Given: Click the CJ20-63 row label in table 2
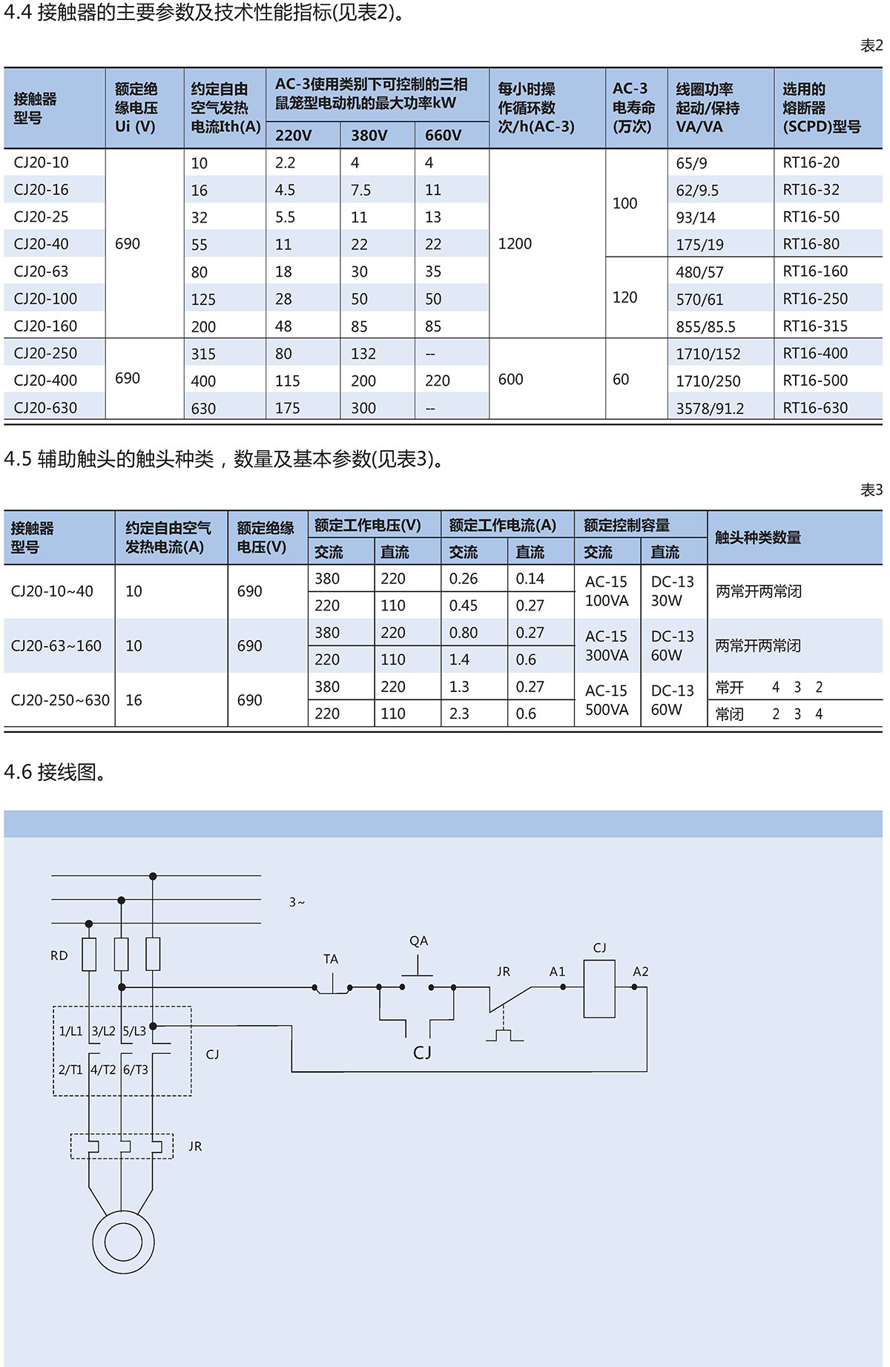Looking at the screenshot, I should coord(41,271).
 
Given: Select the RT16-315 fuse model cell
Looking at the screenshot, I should coord(815,326).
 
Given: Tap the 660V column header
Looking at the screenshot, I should coord(443,135).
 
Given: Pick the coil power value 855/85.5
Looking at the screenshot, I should coord(705,326).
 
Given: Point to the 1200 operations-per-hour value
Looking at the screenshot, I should coord(515,244).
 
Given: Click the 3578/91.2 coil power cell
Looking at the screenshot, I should coord(709,408).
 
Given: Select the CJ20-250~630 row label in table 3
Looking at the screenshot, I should coord(60,700).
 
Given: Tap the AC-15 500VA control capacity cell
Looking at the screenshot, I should coord(607,700).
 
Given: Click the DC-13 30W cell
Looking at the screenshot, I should coord(672,591).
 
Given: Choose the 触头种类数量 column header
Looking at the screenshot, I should coord(757,538).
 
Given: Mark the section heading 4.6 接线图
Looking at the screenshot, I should coord(55,772).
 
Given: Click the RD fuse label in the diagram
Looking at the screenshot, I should coord(59,955).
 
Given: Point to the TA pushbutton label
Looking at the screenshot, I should coord(331,959).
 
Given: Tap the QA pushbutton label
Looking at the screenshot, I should coord(418,941).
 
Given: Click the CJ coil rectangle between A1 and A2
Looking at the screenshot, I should coord(599,988).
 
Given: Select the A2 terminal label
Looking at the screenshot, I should coord(641,972).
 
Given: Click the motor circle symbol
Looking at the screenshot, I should coord(123,1242).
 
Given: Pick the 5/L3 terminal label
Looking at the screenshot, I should coord(134,1031).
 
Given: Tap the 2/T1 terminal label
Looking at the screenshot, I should coord(70,1070).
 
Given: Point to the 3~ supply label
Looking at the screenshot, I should coord(297,902).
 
